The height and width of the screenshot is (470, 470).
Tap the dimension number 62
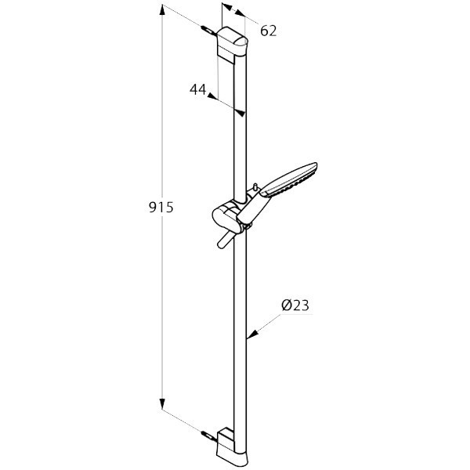[x=269, y=31]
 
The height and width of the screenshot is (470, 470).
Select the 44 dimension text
[x=197, y=89]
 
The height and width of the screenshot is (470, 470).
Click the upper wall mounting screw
[x=208, y=31]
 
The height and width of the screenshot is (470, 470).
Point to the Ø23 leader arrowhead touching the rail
[x=250, y=338]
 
